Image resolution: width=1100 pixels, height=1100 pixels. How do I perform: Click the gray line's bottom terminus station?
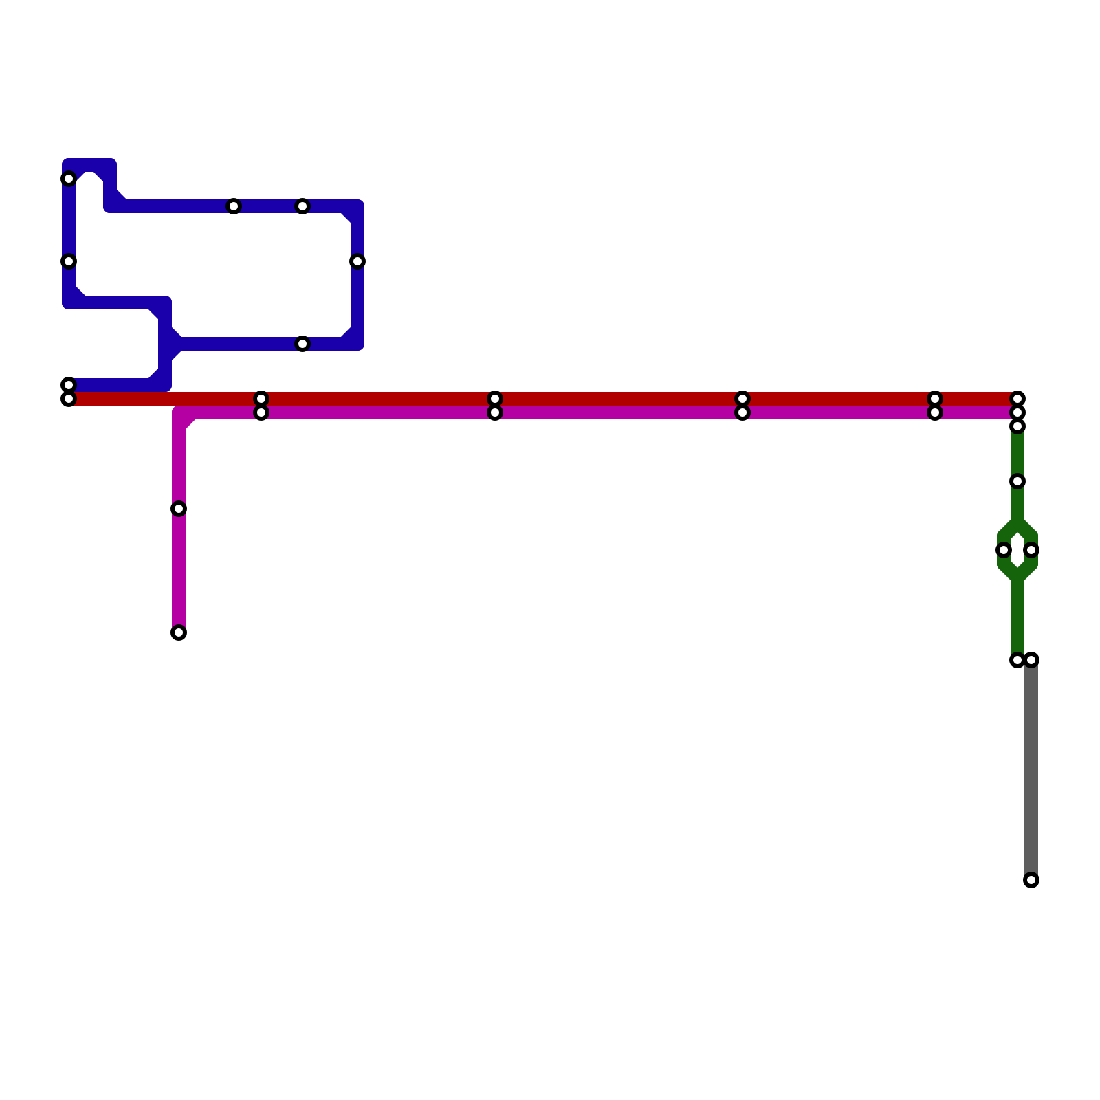pos(1031,880)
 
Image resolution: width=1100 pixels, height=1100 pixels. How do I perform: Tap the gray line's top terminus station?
pos(1031,660)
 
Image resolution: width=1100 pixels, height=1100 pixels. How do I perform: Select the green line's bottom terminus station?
pos(1017,660)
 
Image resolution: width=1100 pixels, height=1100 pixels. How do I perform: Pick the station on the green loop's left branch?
pos(1004,550)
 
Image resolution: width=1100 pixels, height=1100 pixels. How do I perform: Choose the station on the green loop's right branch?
pos(1031,550)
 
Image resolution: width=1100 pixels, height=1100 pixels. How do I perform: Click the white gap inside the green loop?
pos(1017,550)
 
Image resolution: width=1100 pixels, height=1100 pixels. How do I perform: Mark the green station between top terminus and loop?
pos(1017,481)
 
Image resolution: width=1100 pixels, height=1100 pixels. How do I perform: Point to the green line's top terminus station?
pos(1017,426)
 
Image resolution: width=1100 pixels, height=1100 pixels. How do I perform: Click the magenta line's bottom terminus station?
pos(179,632)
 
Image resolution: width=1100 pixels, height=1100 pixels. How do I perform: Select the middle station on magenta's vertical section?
pos(179,509)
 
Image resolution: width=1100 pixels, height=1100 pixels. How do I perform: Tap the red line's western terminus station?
pos(69,399)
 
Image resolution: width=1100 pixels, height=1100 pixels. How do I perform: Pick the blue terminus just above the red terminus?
pos(69,385)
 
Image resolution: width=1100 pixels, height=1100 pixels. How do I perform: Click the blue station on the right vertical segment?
pos(357,261)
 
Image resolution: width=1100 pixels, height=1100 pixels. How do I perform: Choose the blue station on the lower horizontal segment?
pos(302,344)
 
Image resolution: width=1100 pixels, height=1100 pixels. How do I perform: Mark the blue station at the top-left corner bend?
pos(69,179)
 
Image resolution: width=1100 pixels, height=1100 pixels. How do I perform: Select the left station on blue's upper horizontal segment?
pos(234,206)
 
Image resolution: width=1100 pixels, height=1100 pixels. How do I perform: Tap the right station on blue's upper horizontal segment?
pos(302,206)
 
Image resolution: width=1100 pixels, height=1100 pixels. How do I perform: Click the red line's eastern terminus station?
pos(1017,399)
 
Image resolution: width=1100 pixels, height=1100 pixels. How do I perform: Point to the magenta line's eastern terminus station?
pos(1017,412)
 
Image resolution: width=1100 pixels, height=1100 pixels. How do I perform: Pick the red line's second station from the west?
pos(261,399)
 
